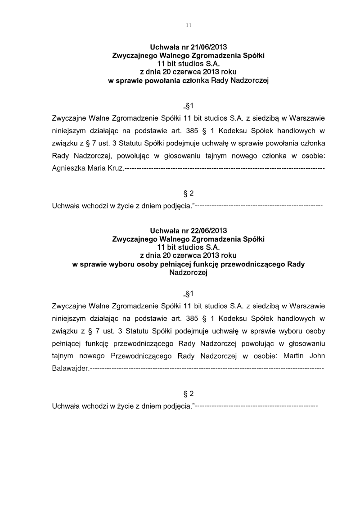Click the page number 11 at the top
click(x=189, y=25)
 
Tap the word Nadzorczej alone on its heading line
click(x=188, y=272)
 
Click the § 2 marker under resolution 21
click(x=189, y=194)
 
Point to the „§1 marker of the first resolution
click(x=189, y=107)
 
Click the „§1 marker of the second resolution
click(x=189, y=294)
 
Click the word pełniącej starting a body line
click(x=67, y=343)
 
